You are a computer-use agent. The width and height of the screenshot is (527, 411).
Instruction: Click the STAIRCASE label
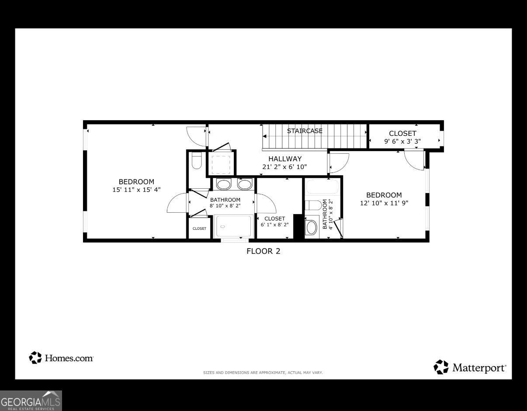tap(305, 131)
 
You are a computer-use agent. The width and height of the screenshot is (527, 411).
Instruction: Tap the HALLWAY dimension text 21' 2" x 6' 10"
tap(285, 167)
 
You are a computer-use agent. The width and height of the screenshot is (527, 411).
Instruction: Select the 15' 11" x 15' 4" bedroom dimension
tap(136, 190)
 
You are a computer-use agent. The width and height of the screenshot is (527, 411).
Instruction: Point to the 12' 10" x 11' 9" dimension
tap(384, 203)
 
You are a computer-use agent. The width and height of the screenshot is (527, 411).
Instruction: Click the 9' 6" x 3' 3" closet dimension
tap(402, 141)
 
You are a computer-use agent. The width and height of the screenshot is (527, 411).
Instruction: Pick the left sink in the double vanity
tap(224, 184)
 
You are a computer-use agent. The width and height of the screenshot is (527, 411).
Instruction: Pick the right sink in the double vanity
tap(245, 184)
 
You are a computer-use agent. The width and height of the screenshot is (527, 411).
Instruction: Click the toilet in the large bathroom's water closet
tap(197, 161)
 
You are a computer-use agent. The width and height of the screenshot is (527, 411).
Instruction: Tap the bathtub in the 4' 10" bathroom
tap(322, 187)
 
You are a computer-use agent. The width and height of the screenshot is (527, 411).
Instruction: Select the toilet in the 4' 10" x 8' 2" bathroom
tap(313, 205)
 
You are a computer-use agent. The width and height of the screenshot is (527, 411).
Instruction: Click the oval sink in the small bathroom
tap(311, 227)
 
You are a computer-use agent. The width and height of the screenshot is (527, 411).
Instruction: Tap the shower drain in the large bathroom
tap(222, 227)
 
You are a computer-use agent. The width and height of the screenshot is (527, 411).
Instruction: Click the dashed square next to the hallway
tap(220, 164)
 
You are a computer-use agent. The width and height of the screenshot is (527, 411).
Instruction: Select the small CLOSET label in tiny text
tap(199, 228)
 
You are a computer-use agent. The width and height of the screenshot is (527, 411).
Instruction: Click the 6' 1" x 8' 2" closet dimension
tap(274, 225)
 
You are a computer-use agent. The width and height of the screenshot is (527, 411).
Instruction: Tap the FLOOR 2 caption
tap(263, 251)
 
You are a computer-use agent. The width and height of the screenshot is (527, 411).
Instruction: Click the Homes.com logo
tap(61, 358)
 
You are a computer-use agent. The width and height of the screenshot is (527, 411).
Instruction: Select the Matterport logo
tap(470, 368)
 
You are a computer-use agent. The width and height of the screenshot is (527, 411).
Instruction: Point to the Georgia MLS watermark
tap(31, 401)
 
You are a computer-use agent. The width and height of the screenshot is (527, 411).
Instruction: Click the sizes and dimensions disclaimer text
tap(263, 373)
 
